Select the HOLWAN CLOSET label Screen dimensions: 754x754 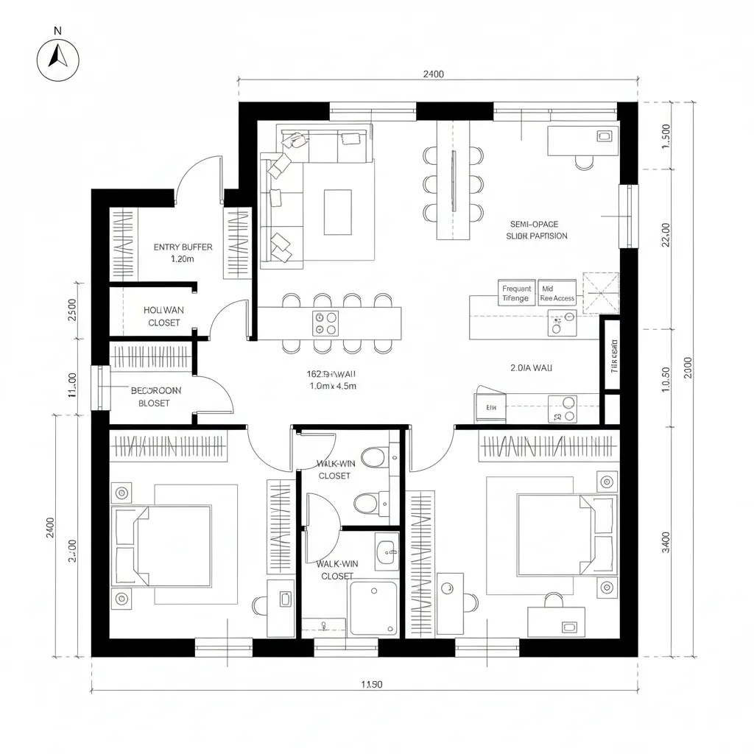click(164, 317)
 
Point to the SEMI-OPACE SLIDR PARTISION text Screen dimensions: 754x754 click(537, 230)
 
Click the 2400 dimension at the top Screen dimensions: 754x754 click(434, 74)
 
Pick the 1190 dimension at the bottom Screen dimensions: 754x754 click(372, 684)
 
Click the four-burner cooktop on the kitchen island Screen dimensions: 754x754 click(325, 322)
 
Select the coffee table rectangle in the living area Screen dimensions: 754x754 click(338, 212)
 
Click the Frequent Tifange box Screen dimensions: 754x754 click(516, 294)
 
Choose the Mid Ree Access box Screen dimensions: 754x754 click(557, 294)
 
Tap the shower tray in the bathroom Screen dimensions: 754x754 click(373, 608)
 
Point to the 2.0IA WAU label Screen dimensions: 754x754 click(531, 367)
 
